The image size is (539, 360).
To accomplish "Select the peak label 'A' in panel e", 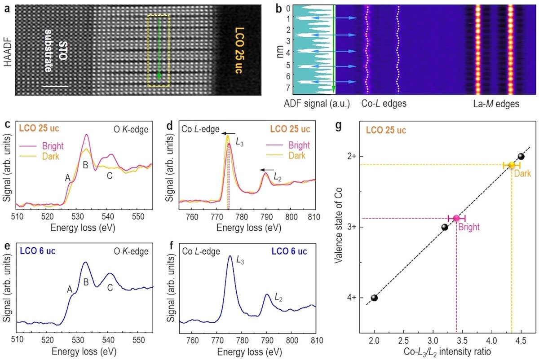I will click(x=70, y=290).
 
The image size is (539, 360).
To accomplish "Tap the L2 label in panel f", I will click(x=278, y=297).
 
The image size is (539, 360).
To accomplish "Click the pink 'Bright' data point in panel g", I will click(x=456, y=218).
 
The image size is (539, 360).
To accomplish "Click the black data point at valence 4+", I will click(x=374, y=298).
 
